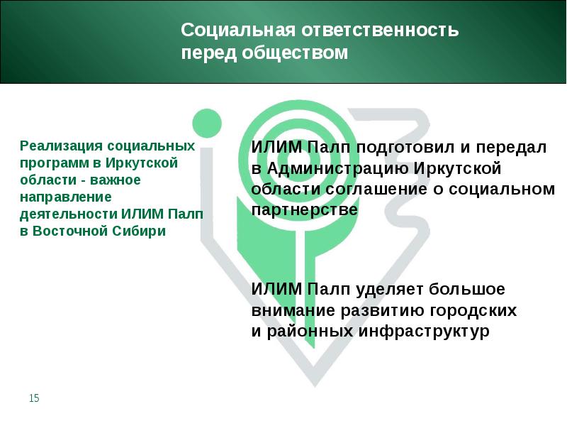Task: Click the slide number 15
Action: pyautogui.click(x=34, y=399)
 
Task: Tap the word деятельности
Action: pyautogui.click(x=68, y=214)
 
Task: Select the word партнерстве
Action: pyautogui.click(x=305, y=210)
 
